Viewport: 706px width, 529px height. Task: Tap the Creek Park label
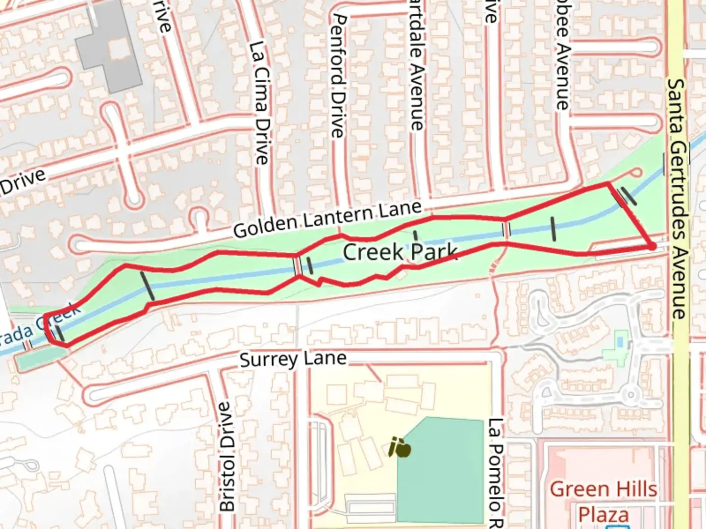400,252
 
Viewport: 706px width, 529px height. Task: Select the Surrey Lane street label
293,361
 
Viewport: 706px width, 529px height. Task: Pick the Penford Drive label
339,76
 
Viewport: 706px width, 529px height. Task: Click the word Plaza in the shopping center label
603,515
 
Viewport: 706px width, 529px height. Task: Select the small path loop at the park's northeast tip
636,172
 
